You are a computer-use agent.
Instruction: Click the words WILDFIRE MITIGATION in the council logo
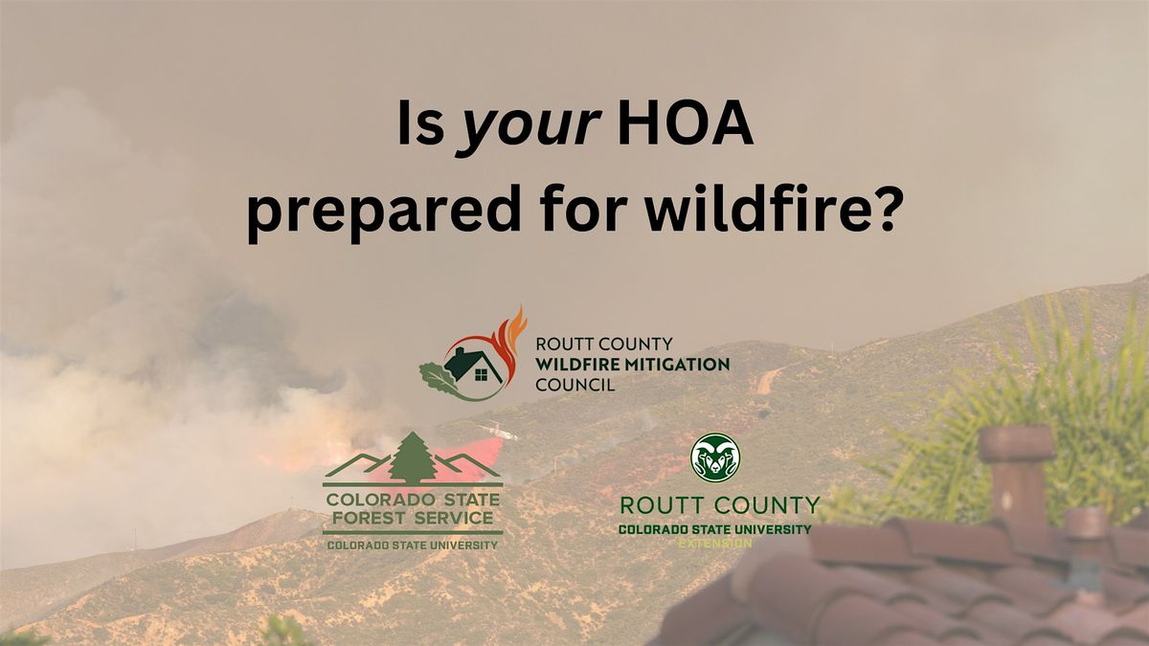point(633,365)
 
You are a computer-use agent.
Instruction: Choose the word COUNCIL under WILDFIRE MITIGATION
point(575,385)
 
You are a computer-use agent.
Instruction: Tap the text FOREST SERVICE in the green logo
point(413,519)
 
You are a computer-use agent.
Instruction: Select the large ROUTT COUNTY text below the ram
point(719,505)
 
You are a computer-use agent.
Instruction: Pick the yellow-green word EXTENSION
point(715,543)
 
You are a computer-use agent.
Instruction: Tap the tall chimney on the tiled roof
point(1017,479)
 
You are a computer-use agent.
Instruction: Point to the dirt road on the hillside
point(766,380)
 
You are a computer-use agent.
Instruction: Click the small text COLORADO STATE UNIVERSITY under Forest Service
point(413,545)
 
